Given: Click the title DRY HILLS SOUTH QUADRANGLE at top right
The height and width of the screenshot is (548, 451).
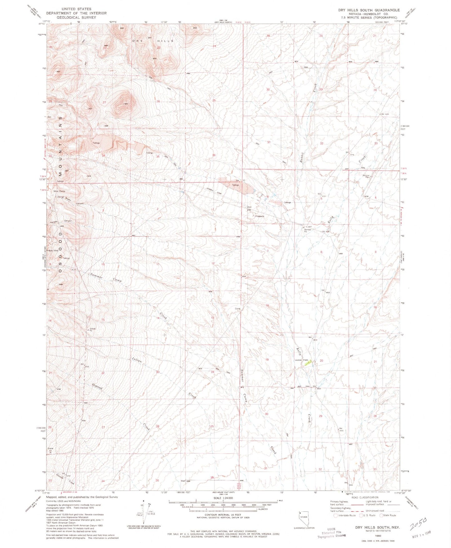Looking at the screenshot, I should click(369, 10).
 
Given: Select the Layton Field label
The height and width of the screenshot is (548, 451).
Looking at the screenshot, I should click(301, 360).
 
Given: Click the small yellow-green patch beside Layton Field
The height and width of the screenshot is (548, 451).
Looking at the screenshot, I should click(307, 363).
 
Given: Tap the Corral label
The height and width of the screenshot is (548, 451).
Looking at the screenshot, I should click(238, 309).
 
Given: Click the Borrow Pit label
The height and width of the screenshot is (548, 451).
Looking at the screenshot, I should click(308, 230).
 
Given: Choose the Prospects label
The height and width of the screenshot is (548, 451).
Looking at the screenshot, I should click(259, 216).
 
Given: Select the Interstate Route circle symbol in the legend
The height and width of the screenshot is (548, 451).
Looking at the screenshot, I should click(336, 515).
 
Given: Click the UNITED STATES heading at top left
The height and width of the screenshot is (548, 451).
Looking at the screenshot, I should click(76, 9).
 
